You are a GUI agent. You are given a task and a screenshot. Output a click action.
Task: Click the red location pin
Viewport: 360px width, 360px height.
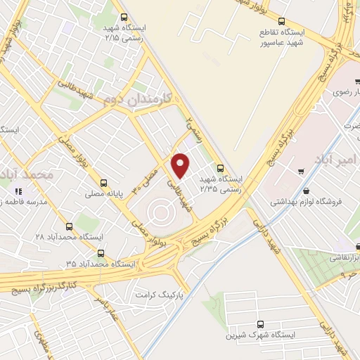click(181, 165)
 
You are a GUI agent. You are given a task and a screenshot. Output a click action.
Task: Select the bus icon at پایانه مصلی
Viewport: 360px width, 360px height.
click(105, 180)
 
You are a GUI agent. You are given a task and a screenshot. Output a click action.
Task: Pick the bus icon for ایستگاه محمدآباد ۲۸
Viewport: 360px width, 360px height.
click(69, 226)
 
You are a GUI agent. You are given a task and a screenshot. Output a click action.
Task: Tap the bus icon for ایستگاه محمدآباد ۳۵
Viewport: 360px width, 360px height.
click(101, 252)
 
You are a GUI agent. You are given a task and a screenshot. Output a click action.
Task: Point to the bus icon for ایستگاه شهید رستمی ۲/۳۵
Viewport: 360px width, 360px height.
click(221, 168)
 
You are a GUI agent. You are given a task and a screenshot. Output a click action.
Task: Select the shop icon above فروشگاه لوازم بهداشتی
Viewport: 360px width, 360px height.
click(306, 190)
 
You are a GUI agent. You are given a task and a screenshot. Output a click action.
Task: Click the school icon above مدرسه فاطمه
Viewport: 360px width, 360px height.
click(19, 191)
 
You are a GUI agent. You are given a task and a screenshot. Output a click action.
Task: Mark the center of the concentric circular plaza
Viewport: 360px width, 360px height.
click(159, 210)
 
